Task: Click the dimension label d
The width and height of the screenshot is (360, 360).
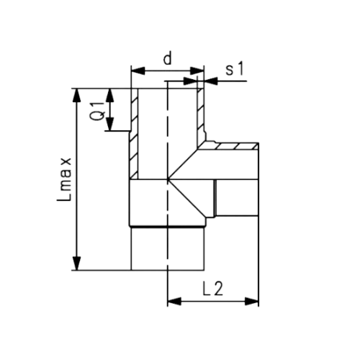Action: pyautogui.click(x=168, y=59)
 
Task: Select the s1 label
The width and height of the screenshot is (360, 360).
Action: pyautogui.click(x=235, y=69)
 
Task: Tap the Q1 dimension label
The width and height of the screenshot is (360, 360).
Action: pyautogui.click(x=99, y=111)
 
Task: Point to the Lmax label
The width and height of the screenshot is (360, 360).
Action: pyautogui.click(x=64, y=179)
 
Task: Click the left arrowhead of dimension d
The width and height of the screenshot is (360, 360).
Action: pyautogui.click(x=138, y=71)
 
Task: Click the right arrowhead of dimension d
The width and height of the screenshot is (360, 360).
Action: pyautogui.click(x=197, y=71)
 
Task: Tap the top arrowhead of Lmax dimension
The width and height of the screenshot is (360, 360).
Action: pyautogui.click(x=76, y=96)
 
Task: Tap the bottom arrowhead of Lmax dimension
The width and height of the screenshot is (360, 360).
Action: pyautogui.click(x=76, y=263)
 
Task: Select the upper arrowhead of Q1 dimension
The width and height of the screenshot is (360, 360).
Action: pyautogui.click(x=110, y=96)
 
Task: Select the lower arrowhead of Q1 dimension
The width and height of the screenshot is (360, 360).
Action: pyautogui.click(x=110, y=124)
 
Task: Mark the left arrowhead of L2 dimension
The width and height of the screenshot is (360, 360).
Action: pyautogui.click(x=174, y=301)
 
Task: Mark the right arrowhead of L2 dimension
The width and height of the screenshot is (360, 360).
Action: pyautogui.click(x=252, y=301)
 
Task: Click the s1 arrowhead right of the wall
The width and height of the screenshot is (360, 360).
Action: pyautogui.click(x=211, y=81)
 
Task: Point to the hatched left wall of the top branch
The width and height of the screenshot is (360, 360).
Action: pyautogui.click(x=134, y=134)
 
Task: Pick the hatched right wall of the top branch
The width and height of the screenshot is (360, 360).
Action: pyautogui.click(x=201, y=115)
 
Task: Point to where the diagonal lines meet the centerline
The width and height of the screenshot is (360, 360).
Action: pyautogui.click(x=168, y=179)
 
